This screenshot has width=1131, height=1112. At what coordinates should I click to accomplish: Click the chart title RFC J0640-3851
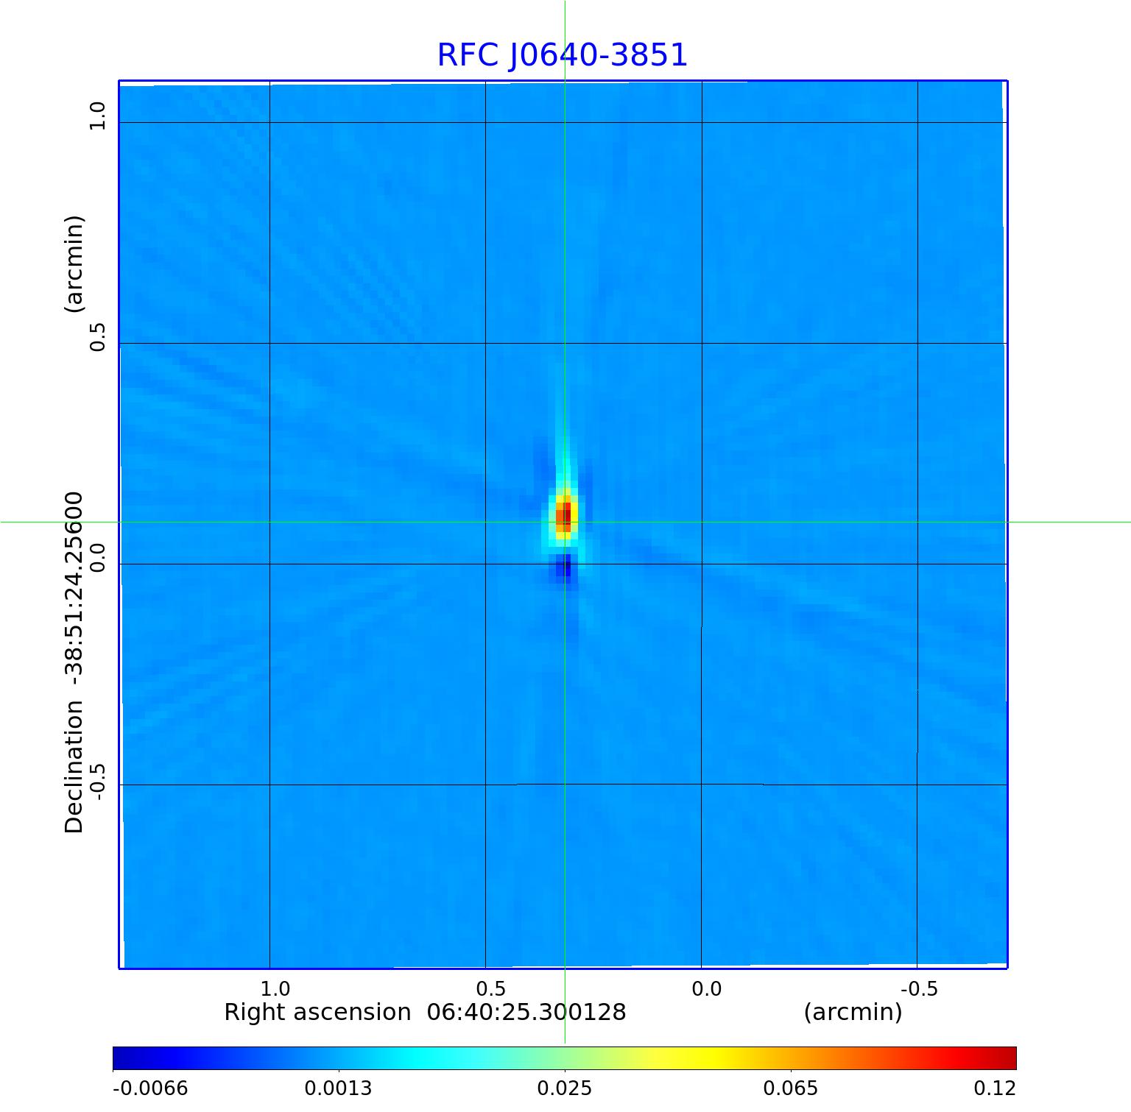pyautogui.click(x=562, y=55)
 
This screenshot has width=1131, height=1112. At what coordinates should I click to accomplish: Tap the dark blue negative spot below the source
pyautogui.click(x=565, y=568)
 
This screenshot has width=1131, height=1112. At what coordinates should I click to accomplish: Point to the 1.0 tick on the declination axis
pyautogui.click(x=97, y=116)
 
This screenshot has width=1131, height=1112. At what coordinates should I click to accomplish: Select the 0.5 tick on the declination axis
pyautogui.click(x=97, y=336)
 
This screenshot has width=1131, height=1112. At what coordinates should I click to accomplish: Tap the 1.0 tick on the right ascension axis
pyautogui.click(x=275, y=988)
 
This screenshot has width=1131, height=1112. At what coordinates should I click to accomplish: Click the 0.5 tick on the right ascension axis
pyautogui.click(x=491, y=988)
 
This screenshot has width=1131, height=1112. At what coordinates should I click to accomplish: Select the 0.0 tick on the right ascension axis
pyautogui.click(x=707, y=988)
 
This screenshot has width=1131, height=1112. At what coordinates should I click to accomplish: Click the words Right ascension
pyautogui.click(x=317, y=1013)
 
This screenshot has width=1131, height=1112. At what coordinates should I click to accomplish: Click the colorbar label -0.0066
pyautogui.click(x=150, y=1088)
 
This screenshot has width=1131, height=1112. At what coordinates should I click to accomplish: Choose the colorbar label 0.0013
pyautogui.click(x=339, y=1088)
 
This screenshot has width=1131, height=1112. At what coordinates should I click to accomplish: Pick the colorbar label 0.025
pyautogui.click(x=565, y=1088)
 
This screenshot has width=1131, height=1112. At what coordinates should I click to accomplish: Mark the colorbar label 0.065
pyautogui.click(x=790, y=1088)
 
